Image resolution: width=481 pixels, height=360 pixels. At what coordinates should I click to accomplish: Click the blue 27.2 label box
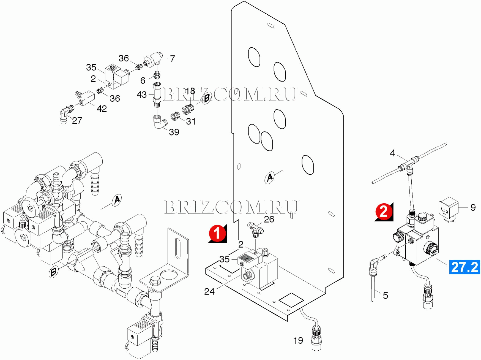(464, 267)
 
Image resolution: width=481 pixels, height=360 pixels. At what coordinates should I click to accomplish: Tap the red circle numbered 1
(217, 233)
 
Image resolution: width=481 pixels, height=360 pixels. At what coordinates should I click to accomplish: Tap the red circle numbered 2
(384, 212)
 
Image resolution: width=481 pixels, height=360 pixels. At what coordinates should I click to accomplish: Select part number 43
(142, 95)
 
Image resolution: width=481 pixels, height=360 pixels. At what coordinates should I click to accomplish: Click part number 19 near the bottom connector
(298, 341)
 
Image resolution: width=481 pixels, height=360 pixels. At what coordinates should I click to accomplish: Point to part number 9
(473, 207)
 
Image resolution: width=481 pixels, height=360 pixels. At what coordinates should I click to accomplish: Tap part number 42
(102, 109)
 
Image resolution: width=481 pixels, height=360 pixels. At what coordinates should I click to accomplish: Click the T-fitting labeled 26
(255, 229)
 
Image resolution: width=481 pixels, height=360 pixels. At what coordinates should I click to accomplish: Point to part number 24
(209, 291)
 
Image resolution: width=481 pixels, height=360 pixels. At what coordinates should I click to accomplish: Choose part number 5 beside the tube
(386, 295)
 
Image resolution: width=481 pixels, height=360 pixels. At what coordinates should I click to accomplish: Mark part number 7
(172, 59)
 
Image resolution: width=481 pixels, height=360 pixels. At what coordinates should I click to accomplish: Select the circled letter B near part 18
(207, 98)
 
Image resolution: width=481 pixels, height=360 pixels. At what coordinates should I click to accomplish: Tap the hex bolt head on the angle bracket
(154, 281)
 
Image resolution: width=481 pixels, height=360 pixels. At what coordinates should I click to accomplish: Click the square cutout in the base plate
(291, 300)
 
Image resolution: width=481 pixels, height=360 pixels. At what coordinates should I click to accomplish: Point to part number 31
(191, 121)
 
